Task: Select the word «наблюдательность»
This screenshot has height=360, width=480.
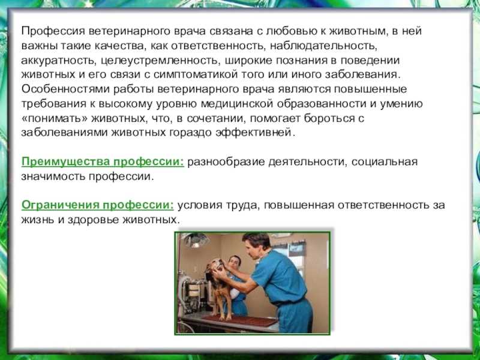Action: [322, 46]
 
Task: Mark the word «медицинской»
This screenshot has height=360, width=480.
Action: [237, 104]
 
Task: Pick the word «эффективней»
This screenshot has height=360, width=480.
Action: [254, 133]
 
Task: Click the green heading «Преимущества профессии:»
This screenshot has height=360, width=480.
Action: [103, 162]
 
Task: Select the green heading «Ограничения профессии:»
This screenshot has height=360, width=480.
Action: [97, 205]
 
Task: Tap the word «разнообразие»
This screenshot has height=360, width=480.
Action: [226, 161]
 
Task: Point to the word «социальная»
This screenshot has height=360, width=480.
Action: [385, 161]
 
